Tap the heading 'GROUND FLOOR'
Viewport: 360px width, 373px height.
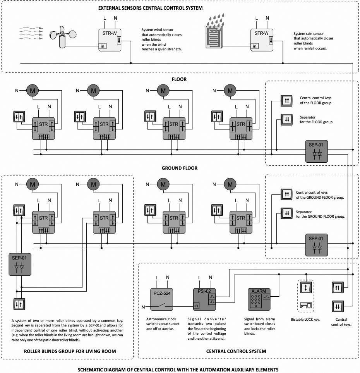[180, 168]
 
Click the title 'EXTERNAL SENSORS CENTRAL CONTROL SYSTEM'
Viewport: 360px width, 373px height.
[150, 8]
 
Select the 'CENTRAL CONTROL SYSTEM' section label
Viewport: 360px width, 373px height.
[236, 351]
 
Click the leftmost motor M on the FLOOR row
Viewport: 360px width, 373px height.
[32, 91]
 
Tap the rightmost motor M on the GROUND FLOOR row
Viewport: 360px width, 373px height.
[231, 184]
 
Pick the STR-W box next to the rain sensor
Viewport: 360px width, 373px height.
[262, 39]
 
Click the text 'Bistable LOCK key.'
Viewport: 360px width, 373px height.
[306, 320]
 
